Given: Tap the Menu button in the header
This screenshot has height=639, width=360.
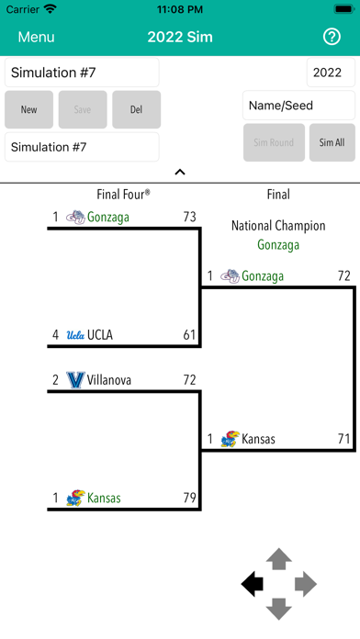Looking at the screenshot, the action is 36,37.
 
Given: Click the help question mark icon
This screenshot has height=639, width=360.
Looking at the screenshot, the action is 332,37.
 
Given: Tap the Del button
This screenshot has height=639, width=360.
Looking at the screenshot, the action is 136,109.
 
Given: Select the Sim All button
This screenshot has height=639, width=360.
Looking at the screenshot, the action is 332,142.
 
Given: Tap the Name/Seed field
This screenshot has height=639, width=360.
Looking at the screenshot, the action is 298,106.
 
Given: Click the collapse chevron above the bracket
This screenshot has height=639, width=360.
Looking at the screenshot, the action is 180,172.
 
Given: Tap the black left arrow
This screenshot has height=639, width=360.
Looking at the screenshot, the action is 253,585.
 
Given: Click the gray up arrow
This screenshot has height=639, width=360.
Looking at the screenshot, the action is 279,559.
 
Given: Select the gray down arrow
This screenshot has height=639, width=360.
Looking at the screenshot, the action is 279,609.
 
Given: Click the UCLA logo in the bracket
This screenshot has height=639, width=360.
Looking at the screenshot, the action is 75,335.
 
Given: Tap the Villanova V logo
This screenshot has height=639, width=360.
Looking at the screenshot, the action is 75,380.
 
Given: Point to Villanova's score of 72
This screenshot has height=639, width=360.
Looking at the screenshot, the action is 189,380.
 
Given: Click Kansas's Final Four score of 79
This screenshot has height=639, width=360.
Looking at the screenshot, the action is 189,498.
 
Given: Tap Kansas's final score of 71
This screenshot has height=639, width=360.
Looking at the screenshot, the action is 343,439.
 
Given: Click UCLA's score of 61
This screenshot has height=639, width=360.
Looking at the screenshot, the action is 189,335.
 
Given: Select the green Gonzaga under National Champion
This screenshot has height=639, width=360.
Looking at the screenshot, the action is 278,245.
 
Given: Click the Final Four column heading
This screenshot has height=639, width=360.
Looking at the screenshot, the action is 123,195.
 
